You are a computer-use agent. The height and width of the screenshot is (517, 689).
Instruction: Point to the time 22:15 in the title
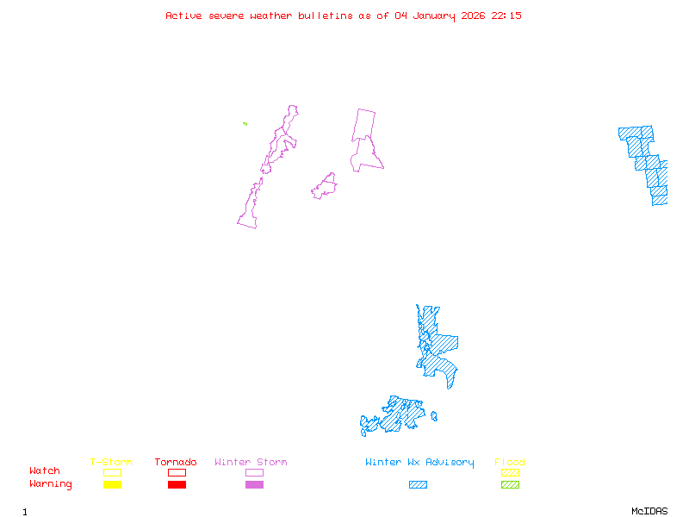(506, 16)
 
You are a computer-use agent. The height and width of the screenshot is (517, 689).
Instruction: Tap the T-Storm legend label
(111, 462)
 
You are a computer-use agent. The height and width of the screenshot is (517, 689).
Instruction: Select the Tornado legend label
(176, 462)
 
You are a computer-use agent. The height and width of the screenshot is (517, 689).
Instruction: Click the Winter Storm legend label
(251, 462)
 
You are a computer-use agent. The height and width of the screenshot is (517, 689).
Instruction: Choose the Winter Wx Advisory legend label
(419, 462)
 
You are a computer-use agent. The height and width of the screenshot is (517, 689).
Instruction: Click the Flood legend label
(510, 462)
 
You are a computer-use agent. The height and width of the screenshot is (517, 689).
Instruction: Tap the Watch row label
(45, 471)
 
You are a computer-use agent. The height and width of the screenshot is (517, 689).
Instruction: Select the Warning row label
(51, 484)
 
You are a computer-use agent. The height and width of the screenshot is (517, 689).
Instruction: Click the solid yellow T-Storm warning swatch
(112, 484)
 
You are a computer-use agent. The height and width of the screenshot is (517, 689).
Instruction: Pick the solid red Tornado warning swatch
(177, 484)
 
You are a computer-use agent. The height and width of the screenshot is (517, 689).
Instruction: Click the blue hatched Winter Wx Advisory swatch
(418, 484)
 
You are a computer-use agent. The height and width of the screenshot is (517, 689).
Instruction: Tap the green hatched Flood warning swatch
(510, 484)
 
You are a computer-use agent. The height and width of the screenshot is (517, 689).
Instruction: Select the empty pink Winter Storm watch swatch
(254, 472)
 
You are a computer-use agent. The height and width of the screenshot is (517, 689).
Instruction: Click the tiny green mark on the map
(245, 123)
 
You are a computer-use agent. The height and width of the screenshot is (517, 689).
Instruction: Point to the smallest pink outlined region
(325, 186)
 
